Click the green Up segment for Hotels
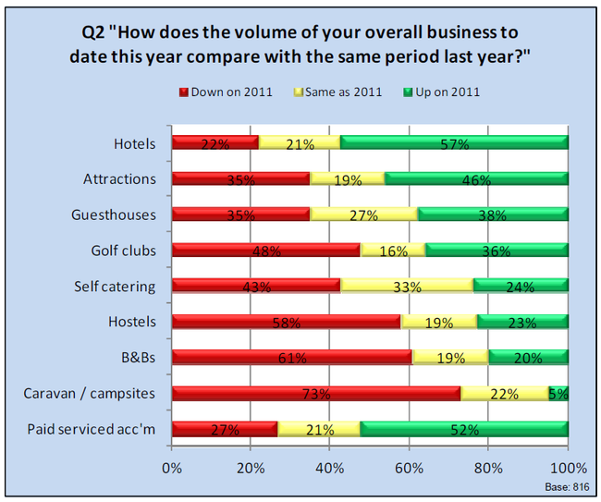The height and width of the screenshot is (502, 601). click(x=454, y=142)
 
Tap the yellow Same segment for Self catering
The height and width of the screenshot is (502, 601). click(x=406, y=286)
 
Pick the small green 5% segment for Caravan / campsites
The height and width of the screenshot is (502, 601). click(x=558, y=394)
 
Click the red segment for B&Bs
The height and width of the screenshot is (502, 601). click(x=292, y=358)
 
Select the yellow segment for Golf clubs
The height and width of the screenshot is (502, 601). click(x=392, y=250)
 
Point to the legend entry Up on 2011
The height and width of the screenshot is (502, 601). click(x=442, y=92)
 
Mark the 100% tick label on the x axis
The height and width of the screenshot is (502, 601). click(x=568, y=468)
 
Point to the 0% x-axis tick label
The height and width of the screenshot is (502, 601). click(x=172, y=468)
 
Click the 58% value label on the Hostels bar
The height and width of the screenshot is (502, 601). click(x=287, y=323)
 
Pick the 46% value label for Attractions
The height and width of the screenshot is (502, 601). click(x=475, y=179)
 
